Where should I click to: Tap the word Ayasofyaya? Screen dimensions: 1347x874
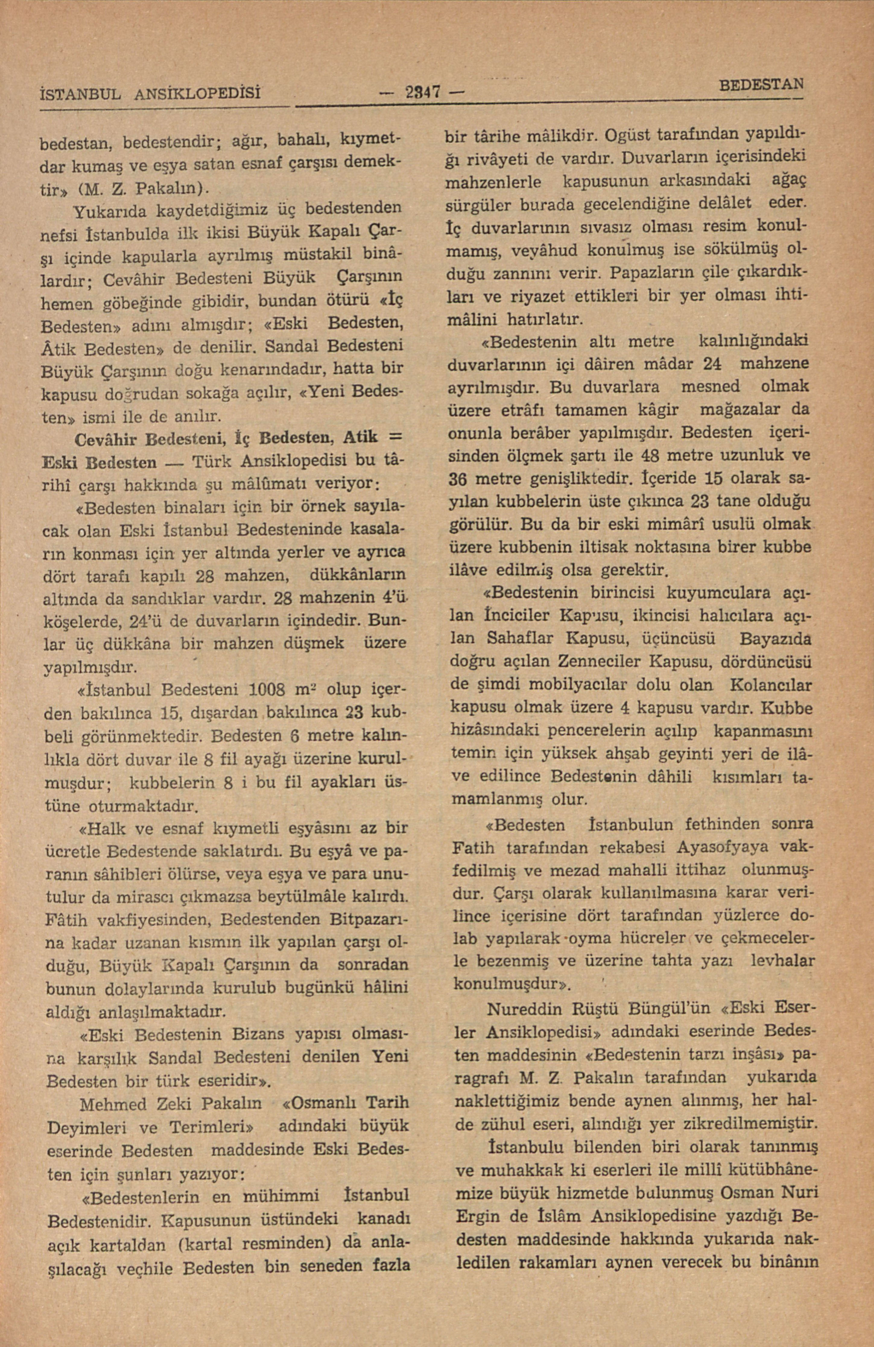(x=711, y=847)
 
